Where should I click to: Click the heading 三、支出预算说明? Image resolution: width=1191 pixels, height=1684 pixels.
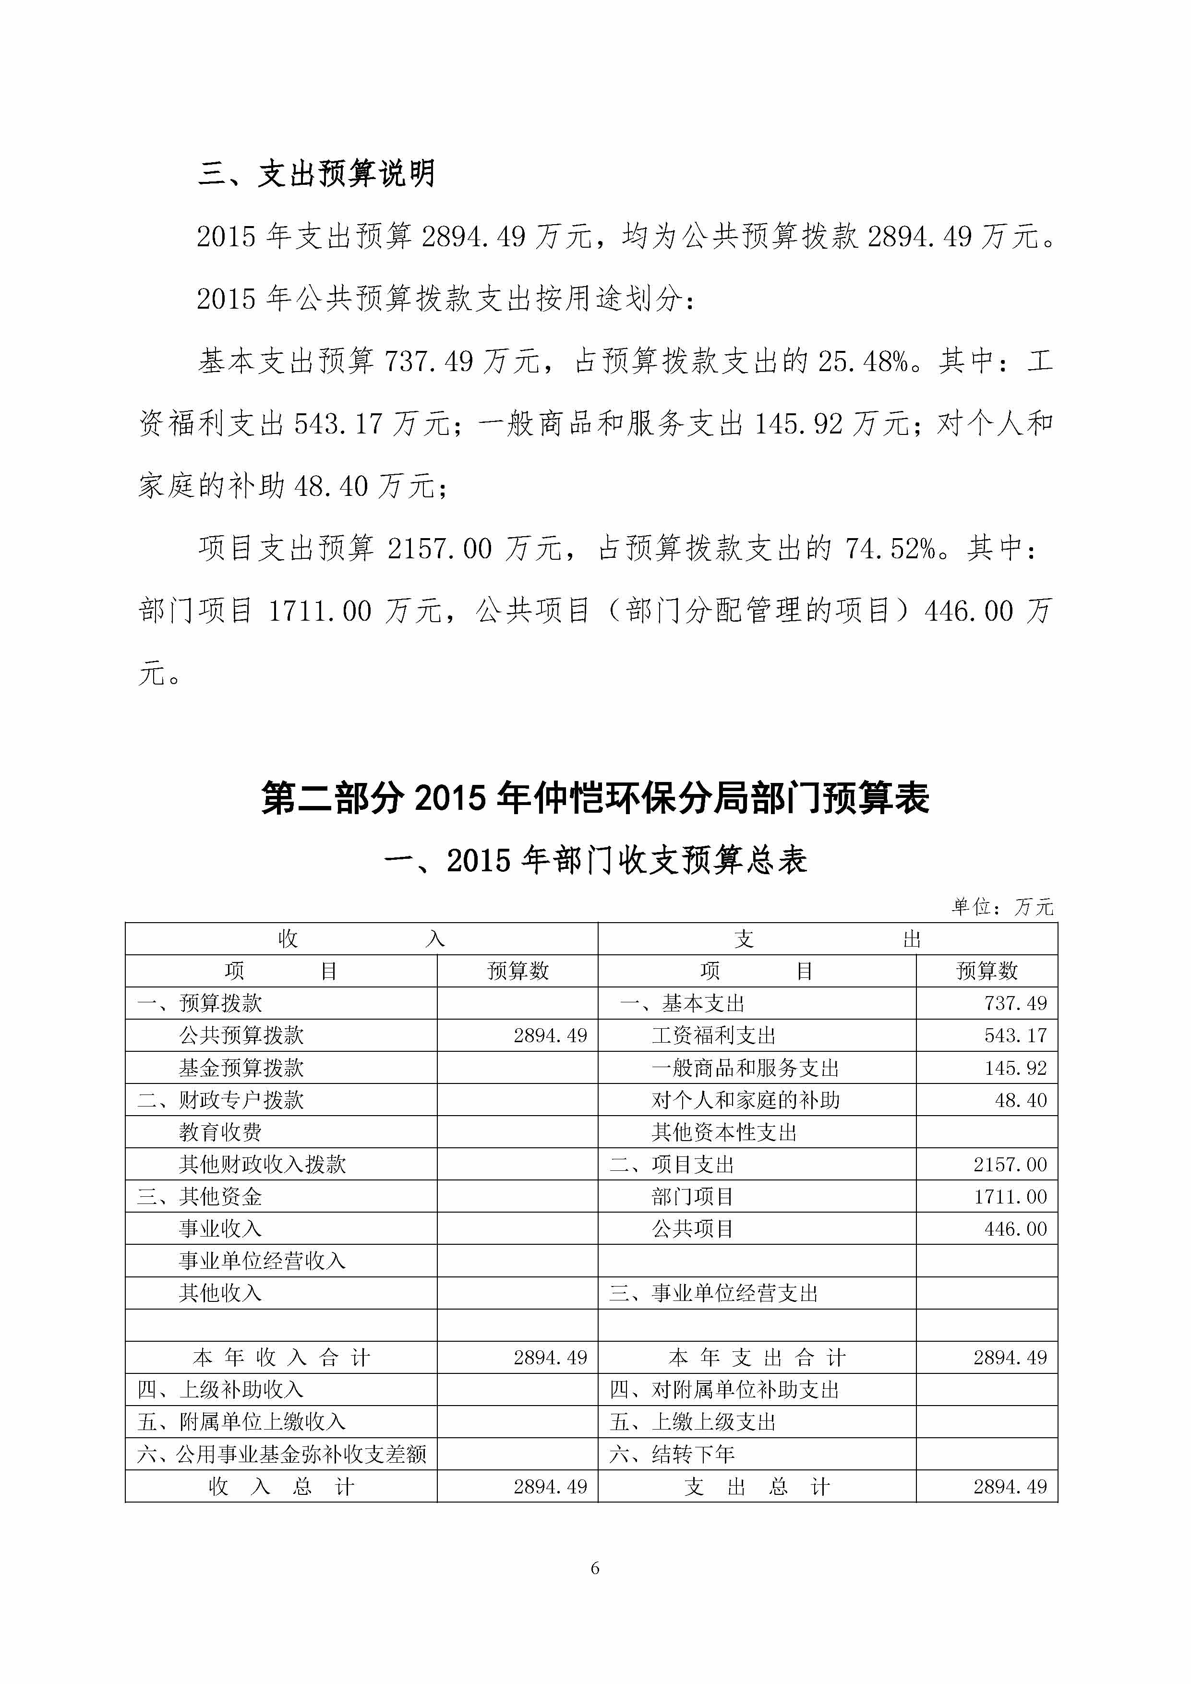tap(317, 174)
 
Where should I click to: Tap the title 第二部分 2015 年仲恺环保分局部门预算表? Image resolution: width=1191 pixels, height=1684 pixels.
tap(595, 798)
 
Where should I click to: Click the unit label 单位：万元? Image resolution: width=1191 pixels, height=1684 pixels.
tap(1002, 907)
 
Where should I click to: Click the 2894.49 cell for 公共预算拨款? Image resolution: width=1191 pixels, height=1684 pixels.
tap(550, 1035)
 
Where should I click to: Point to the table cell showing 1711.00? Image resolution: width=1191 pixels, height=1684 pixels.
tap(1010, 1197)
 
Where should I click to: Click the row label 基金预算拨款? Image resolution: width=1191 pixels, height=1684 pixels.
tap(241, 1068)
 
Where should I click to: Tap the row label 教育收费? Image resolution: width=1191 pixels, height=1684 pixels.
tap(220, 1132)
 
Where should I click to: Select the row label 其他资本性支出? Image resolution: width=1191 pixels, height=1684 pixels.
tap(724, 1132)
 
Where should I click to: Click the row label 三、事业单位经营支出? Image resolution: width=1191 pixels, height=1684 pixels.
tap(713, 1294)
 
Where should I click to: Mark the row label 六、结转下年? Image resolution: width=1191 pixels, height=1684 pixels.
tap(672, 1455)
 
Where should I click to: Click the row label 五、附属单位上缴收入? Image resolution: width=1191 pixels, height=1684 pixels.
tap(241, 1423)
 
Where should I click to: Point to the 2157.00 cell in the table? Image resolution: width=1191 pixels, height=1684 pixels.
tap(1010, 1165)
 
